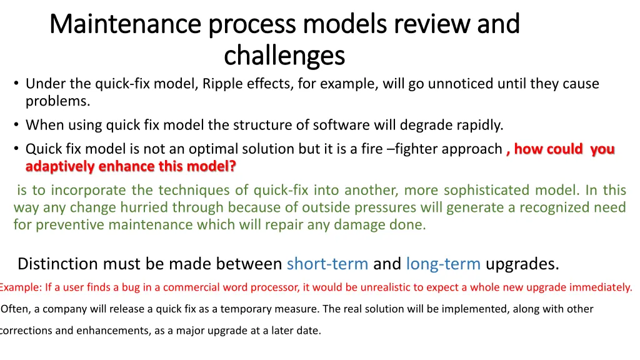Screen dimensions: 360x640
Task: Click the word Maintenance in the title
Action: pos(126,24)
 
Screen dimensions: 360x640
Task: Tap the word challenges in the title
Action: pos(284,56)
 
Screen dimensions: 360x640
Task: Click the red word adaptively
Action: pos(59,167)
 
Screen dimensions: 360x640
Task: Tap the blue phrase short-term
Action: pos(327,264)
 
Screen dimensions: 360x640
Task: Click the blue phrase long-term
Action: pos(443,264)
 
